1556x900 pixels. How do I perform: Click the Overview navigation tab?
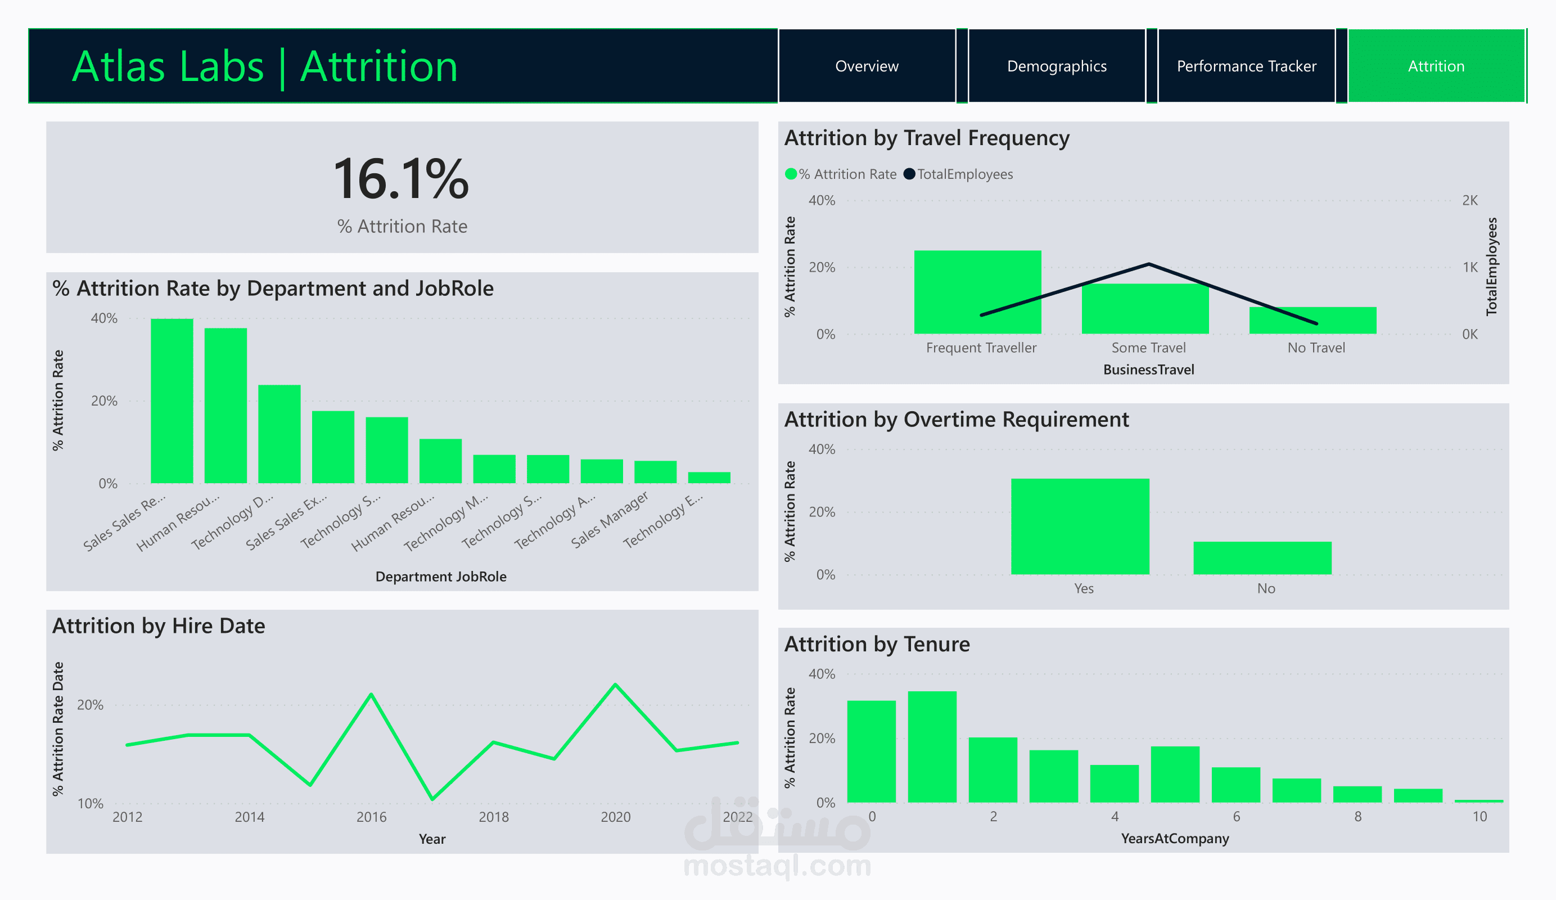point(867,66)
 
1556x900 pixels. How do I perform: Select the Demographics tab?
point(1057,66)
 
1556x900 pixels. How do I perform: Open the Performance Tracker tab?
point(1246,66)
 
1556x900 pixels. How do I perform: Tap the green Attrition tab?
point(1436,66)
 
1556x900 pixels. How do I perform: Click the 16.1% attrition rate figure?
point(402,179)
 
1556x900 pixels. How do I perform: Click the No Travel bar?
point(1313,321)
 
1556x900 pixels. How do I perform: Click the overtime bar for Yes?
point(1080,526)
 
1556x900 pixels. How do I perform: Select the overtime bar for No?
point(1262,558)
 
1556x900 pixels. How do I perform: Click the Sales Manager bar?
point(655,472)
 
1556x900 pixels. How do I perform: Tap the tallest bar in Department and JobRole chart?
point(172,401)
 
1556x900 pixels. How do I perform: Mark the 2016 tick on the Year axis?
point(371,817)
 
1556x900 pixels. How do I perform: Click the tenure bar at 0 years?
point(871,751)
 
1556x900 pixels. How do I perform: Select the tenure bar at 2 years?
point(993,769)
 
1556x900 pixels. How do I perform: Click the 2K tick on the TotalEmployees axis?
point(1469,200)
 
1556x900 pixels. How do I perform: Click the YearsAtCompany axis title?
point(1174,838)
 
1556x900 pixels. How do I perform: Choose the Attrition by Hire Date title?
point(159,625)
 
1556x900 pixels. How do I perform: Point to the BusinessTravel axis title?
point(1148,370)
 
